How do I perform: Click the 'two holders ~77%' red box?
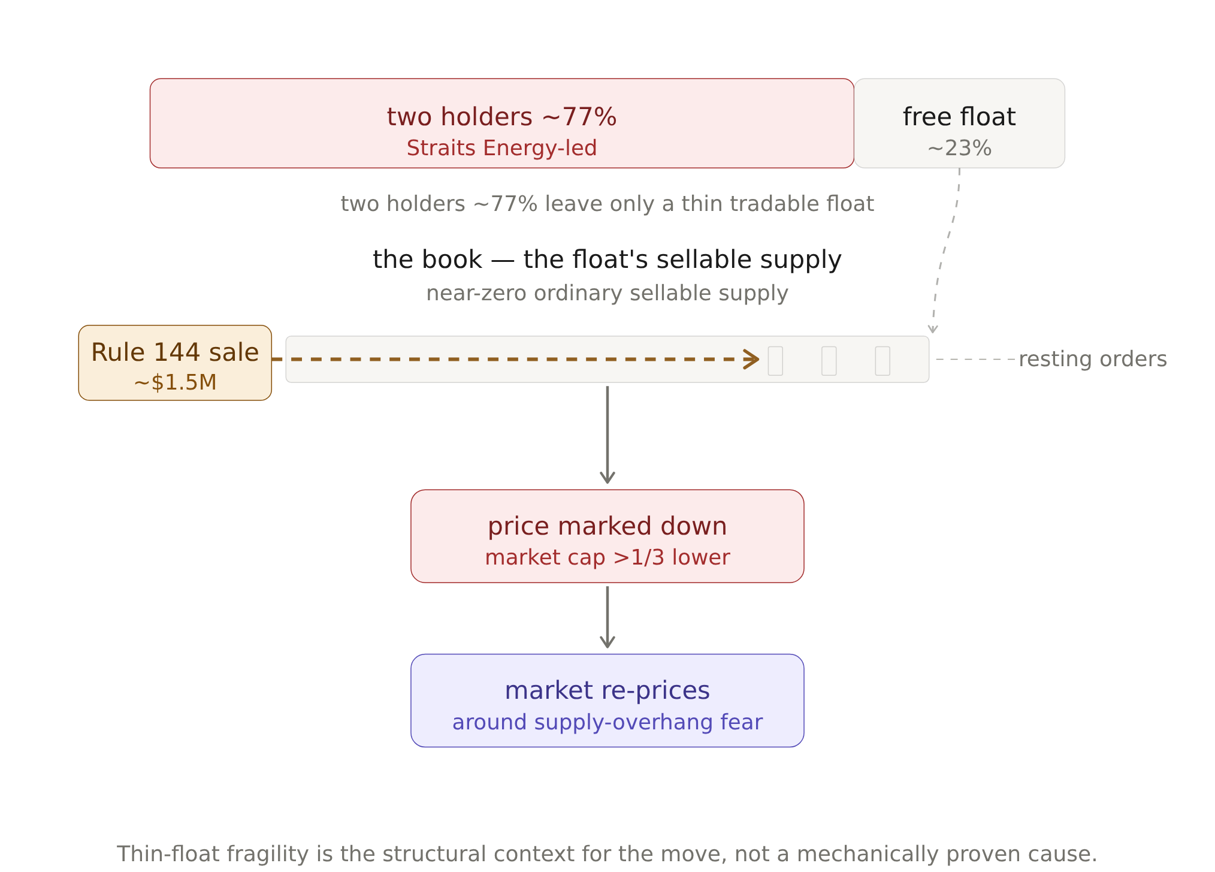(502, 123)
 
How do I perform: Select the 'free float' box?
(960, 123)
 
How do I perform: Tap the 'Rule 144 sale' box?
(175, 363)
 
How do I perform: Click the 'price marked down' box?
(607, 536)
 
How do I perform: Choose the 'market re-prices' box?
(607, 701)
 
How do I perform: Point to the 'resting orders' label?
(1093, 359)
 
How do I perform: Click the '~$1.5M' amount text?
(175, 382)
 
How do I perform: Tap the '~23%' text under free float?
(960, 148)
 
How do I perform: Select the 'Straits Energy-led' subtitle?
(502, 148)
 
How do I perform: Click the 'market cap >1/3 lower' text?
(607, 557)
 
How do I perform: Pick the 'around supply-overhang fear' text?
(607, 722)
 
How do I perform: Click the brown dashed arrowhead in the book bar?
(752, 359)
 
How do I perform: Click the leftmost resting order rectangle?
(775, 361)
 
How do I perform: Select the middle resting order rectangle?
(829, 361)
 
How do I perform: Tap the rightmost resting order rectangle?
(882, 361)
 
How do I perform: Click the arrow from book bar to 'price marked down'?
(607, 435)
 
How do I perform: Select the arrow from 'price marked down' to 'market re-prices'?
(607, 617)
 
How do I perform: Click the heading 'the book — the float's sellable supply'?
(607, 260)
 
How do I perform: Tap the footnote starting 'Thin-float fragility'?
(607, 854)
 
